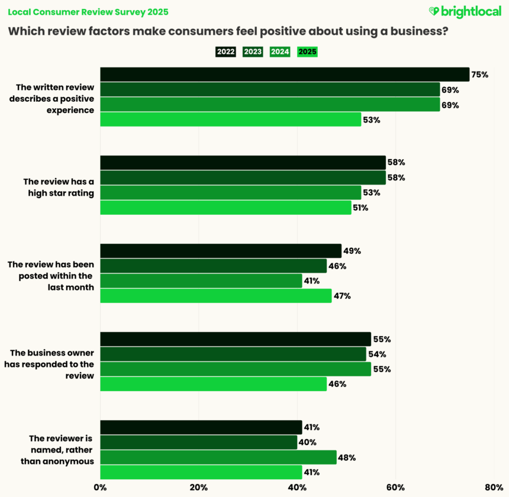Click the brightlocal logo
click(465, 11)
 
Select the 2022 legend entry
click(225, 51)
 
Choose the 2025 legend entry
click(307, 51)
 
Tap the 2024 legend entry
click(280, 51)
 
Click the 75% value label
click(479, 75)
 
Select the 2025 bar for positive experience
click(231, 120)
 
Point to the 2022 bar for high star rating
click(243, 163)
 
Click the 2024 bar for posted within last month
click(201, 281)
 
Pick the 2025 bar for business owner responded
click(213, 384)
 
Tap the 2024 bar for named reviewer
click(218, 457)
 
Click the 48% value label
click(347, 457)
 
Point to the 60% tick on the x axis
click(395, 488)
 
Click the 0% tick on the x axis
click(100, 488)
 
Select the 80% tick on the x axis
click(493, 488)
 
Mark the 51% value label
click(361, 208)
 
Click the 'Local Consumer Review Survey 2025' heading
click(88, 11)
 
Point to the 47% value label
click(342, 296)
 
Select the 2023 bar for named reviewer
click(198, 443)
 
